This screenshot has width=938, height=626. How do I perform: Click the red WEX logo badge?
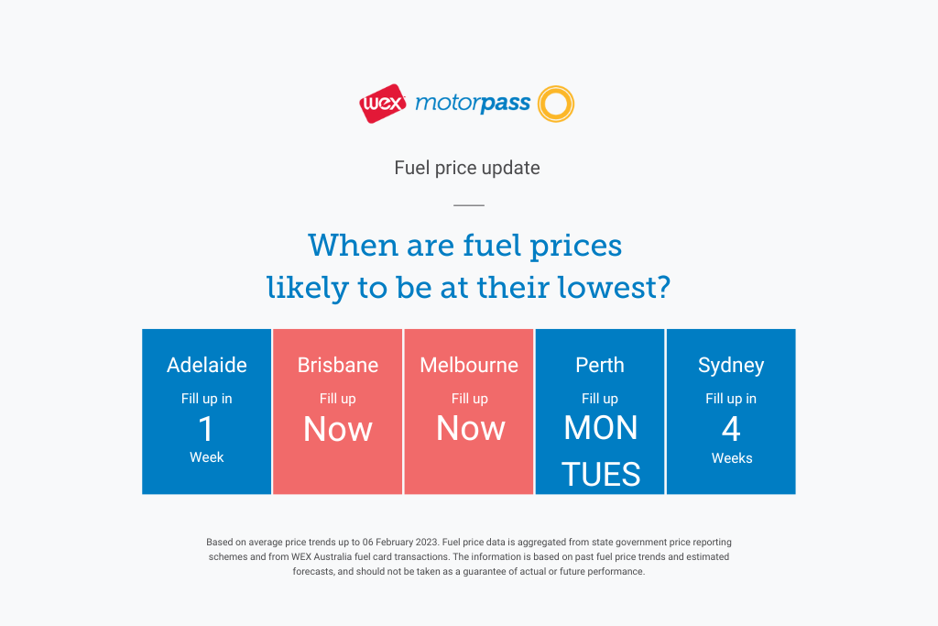pyautogui.click(x=382, y=104)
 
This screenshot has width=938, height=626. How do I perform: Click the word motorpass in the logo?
pyautogui.click(x=473, y=104)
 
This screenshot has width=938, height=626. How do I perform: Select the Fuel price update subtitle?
pyautogui.click(x=467, y=168)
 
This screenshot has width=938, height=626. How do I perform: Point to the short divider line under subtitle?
pyautogui.click(x=469, y=204)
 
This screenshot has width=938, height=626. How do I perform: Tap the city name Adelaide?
pyautogui.click(x=206, y=365)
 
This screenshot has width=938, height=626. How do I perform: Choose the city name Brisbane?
pyautogui.click(x=338, y=365)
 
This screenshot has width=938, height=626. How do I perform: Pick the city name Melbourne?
pyautogui.click(x=469, y=365)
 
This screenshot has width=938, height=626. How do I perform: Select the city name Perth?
pyautogui.click(x=600, y=365)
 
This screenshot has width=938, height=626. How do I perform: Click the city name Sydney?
pyautogui.click(x=731, y=365)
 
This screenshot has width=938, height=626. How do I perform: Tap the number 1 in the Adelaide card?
pyautogui.click(x=206, y=429)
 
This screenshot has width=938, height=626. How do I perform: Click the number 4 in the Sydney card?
pyautogui.click(x=731, y=429)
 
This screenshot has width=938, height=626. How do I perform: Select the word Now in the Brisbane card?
pyautogui.click(x=338, y=429)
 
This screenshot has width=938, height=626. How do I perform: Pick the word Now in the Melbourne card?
pyautogui.click(x=471, y=429)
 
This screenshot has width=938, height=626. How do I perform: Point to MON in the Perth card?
pyautogui.click(x=601, y=428)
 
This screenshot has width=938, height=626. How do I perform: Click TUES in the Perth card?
pyautogui.click(x=601, y=475)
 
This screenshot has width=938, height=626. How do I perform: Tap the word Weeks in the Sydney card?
pyautogui.click(x=732, y=458)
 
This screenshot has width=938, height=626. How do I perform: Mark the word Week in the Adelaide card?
pyautogui.click(x=206, y=457)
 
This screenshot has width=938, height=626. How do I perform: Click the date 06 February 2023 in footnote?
pyautogui.click(x=400, y=543)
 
